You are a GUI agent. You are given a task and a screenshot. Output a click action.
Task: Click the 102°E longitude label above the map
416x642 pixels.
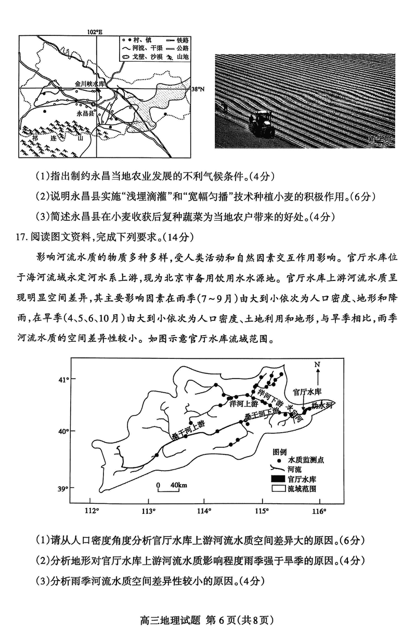(95, 32)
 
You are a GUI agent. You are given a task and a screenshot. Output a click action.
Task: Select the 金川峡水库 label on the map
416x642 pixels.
(90, 83)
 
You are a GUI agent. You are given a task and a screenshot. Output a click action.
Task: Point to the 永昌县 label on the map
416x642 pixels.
(85, 112)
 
